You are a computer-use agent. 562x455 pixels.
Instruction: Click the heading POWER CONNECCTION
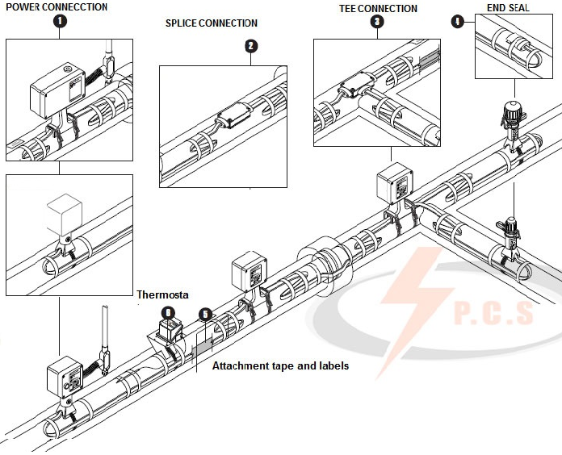[56, 7]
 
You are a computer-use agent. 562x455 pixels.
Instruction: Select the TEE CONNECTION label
[377, 9]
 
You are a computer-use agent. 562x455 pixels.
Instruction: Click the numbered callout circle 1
[59, 22]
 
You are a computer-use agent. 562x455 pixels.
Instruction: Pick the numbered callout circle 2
[251, 47]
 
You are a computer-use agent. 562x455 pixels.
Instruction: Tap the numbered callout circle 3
[377, 23]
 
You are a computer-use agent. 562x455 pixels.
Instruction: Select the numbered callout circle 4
[459, 22]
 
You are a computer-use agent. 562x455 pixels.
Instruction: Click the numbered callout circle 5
[205, 313]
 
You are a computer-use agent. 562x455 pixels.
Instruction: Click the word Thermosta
[162, 295]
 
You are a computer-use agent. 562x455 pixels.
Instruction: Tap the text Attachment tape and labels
[280, 366]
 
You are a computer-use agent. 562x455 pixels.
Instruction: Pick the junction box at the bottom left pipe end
[65, 375]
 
